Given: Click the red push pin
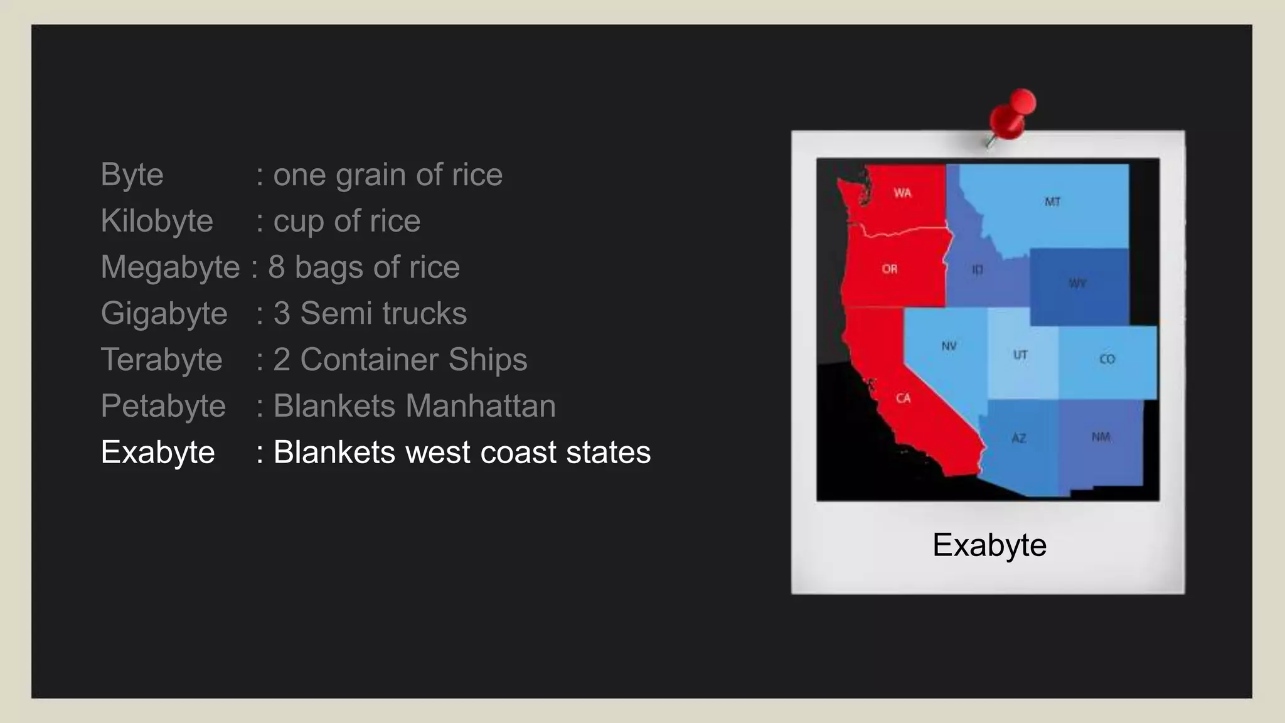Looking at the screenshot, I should click(x=1011, y=115).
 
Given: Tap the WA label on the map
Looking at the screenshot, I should click(x=902, y=193).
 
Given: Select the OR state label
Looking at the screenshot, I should click(x=889, y=269).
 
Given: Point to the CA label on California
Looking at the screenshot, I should click(x=903, y=398).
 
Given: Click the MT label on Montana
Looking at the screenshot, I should click(x=1052, y=201).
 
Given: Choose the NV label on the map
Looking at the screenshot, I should click(x=949, y=346).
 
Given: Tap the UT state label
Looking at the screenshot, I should click(x=1020, y=355).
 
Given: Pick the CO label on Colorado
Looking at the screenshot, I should click(x=1107, y=359).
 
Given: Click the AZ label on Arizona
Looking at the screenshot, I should click(x=1018, y=437).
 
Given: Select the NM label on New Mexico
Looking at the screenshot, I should click(x=1101, y=436).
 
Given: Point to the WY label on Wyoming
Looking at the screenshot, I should click(x=1077, y=283).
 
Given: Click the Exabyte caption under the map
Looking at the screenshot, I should click(x=989, y=545).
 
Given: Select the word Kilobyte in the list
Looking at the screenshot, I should click(x=157, y=221).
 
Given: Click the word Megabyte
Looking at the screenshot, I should click(x=170, y=267).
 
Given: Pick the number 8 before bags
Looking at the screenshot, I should click(x=277, y=267).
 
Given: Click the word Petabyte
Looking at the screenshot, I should click(x=163, y=406).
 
